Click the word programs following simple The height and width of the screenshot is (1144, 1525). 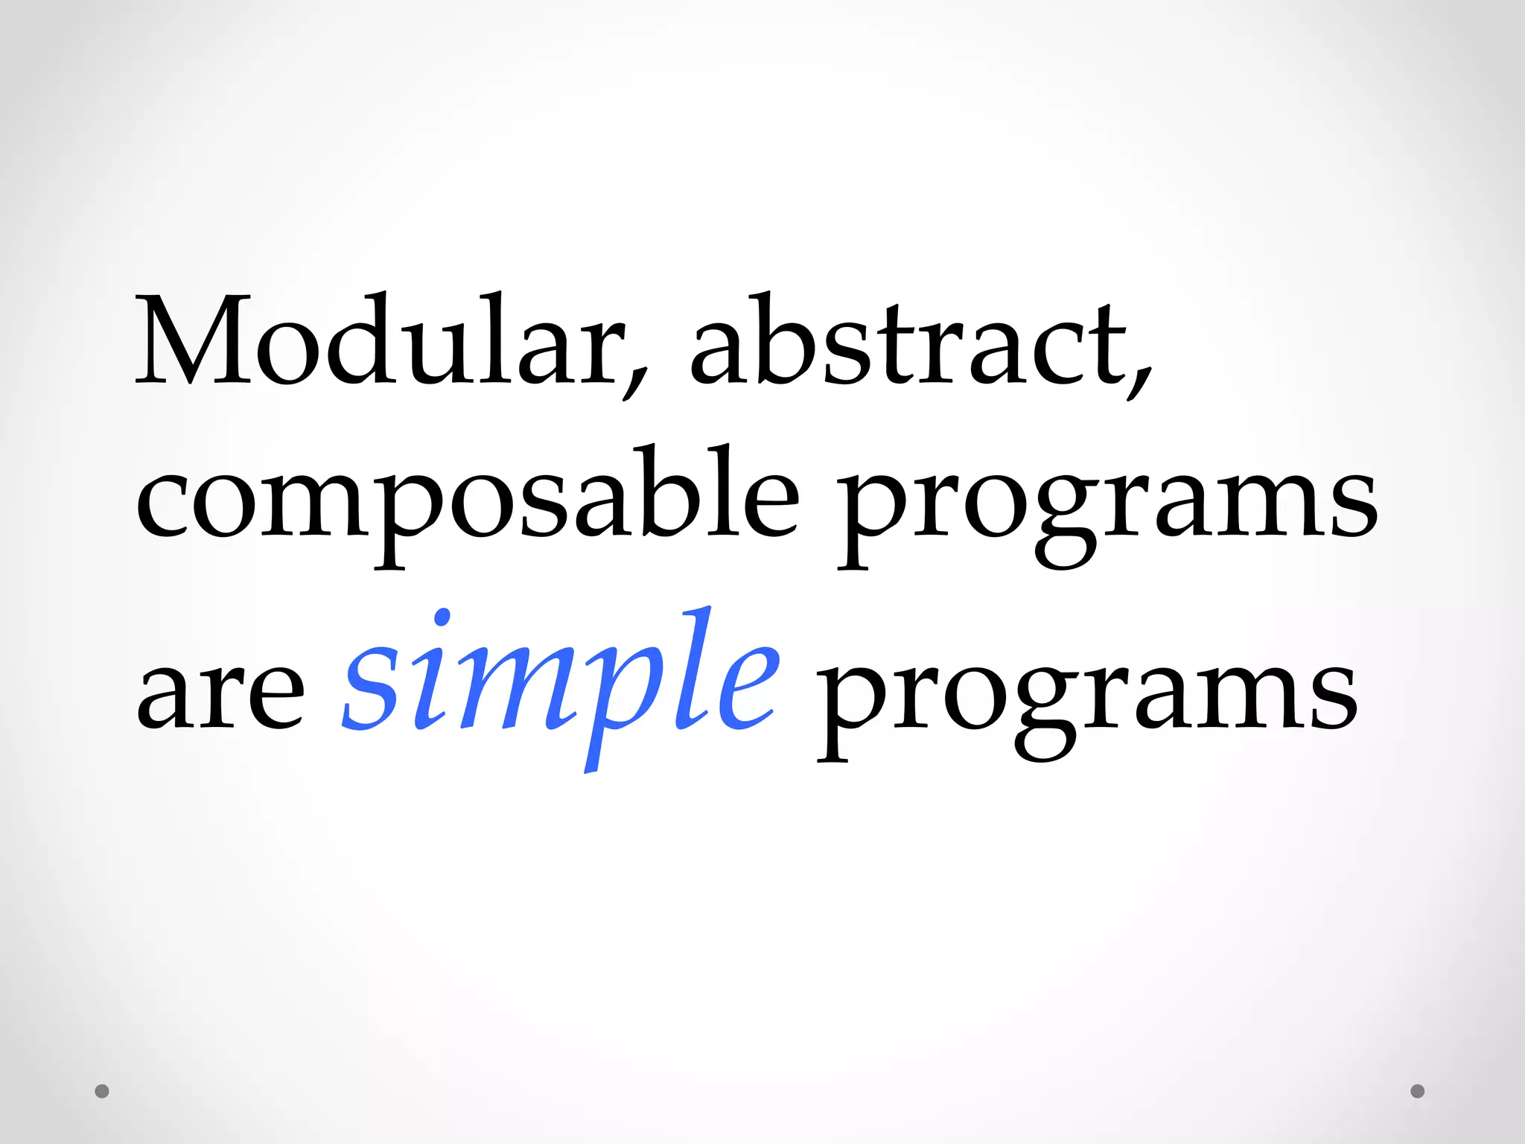click(x=1087, y=700)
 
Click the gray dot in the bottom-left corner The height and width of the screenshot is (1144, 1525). click(x=102, y=1091)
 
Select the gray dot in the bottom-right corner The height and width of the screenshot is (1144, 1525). click(x=1417, y=1091)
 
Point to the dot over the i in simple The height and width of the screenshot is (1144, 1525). click(x=442, y=617)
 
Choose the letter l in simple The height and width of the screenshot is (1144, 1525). click(x=685, y=670)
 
